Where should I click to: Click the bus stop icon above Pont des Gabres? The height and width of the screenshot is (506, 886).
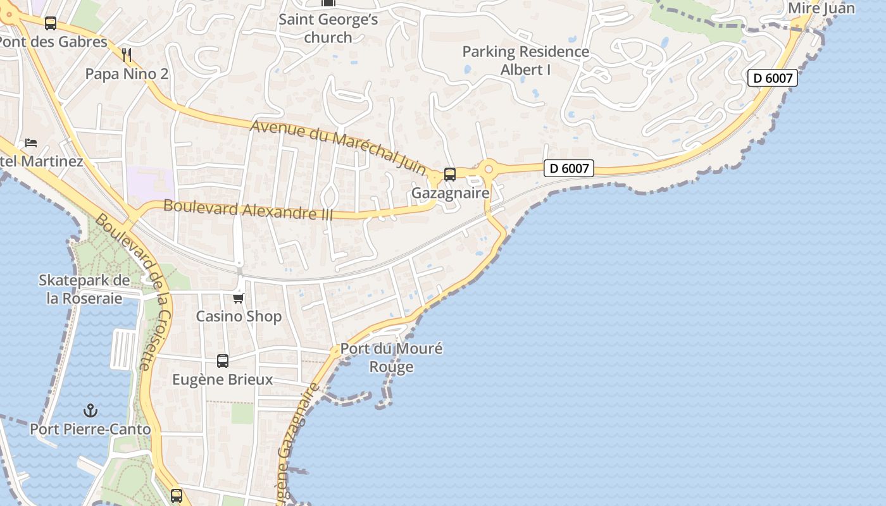pyautogui.click(x=51, y=23)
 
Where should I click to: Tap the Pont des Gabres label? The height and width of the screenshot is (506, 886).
pyautogui.click(x=53, y=42)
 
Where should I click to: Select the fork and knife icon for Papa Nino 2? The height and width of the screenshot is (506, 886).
pyautogui.click(x=127, y=55)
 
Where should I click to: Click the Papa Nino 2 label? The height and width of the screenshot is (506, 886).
pyautogui.click(x=127, y=74)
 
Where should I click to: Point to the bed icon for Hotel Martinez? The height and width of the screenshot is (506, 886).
pyautogui.click(x=31, y=143)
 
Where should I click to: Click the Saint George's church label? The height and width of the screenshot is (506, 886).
pyautogui.click(x=328, y=28)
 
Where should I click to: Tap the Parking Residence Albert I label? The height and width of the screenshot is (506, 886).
pyautogui.click(x=525, y=61)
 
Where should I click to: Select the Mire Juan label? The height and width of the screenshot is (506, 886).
pyautogui.click(x=821, y=8)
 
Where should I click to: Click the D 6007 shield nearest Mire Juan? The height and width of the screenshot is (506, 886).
pyautogui.click(x=772, y=78)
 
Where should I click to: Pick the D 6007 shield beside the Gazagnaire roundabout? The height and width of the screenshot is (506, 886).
pyautogui.click(x=569, y=168)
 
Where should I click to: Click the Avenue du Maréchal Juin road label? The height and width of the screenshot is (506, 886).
pyautogui.click(x=339, y=148)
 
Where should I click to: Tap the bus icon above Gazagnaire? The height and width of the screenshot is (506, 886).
pyautogui.click(x=449, y=174)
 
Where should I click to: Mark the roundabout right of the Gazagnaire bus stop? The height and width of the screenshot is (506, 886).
pyautogui.click(x=488, y=170)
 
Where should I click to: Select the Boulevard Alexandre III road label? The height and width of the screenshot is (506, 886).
pyautogui.click(x=248, y=209)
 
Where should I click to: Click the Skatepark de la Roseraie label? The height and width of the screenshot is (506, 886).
pyautogui.click(x=84, y=289)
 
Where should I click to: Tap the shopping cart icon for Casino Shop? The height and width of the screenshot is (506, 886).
pyautogui.click(x=238, y=298)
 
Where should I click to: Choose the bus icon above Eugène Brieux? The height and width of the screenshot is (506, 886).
pyautogui.click(x=222, y=361)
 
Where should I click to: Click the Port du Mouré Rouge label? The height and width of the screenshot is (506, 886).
pyautogui.click(x=391, y=357)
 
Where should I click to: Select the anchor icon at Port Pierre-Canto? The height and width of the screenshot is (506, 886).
pyautogui.click(x=90, y=410)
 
